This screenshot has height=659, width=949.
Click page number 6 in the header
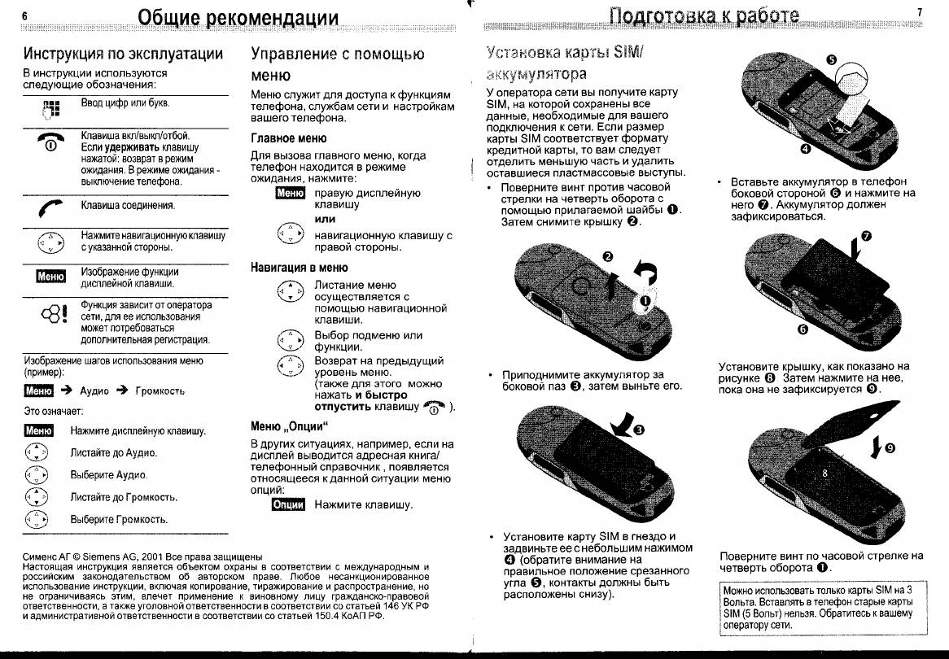coord(25,16)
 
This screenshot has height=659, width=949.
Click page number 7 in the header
coord(920,12)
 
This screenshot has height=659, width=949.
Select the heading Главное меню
coord(289,138)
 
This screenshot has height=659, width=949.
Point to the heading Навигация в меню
coord(300,267)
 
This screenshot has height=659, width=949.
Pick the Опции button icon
coord(287,505)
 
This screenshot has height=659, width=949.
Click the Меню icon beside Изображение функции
coord(50,277)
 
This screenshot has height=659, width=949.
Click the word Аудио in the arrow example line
coord(94,391)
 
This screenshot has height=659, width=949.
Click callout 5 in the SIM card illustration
coord(830,59)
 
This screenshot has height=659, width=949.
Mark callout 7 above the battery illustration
coord(865,236)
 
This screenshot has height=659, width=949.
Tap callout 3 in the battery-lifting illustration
coord(637,430)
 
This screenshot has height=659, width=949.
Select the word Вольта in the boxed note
coord(741,601)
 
